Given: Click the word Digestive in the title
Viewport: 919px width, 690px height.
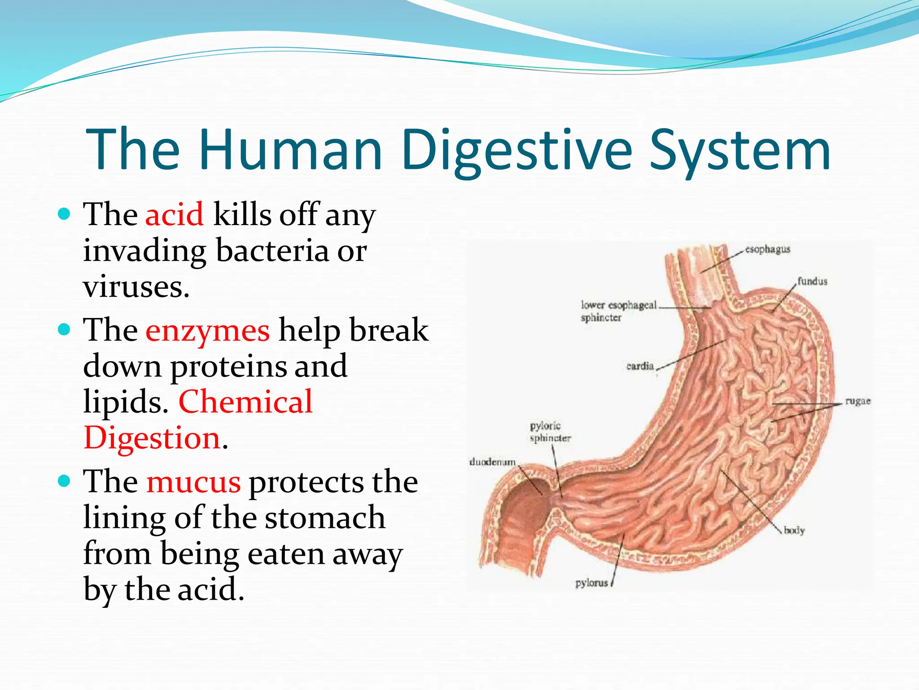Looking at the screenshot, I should point(516,150).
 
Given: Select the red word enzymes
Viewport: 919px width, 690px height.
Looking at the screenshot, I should point(207,330).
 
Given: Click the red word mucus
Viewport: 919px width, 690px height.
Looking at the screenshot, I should point(193,482).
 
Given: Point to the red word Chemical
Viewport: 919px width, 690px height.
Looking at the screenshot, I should point(245,402).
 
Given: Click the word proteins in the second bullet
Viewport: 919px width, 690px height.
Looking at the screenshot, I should point(228,366).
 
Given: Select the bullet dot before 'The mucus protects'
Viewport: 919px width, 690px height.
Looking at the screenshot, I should point(65,481).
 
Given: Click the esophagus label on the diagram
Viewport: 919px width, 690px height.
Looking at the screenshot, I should point(767,249).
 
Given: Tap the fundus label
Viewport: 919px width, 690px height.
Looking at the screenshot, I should point(812,282).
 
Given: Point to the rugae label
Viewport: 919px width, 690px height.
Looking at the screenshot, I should point(858,401).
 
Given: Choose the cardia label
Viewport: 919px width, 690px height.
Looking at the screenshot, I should point(640,366).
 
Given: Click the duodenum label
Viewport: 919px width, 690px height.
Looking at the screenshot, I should point(492,462).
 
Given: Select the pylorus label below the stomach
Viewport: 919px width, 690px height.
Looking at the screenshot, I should point(591,583).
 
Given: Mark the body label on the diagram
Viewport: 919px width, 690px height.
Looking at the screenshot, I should point(794,531).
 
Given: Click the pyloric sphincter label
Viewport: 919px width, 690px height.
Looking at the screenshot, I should point(550,432).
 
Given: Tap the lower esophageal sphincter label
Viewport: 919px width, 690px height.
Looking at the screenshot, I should point(618,311).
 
